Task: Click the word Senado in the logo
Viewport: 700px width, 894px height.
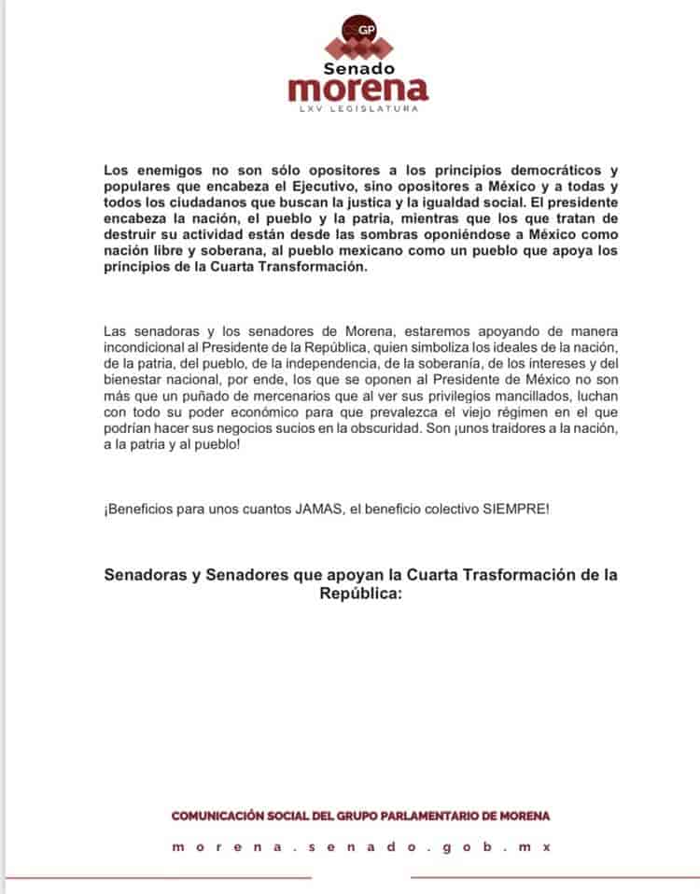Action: [359, 68]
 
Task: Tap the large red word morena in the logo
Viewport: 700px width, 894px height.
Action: [359, 90]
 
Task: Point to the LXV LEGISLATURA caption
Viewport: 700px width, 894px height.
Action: [359, 109]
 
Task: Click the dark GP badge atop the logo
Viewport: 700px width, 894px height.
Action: [359, 31]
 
